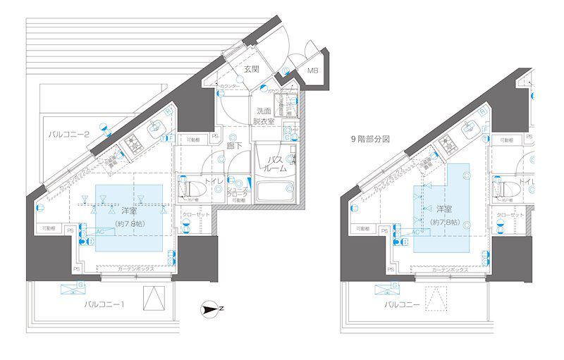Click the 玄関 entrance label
pos(252,69)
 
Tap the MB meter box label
pos(313,70)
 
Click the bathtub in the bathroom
pos(276,192)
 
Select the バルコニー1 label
pos(105,304)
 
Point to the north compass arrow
pos(211,307)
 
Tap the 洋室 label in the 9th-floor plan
pos(443,210)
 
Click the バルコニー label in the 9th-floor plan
pos(403,304)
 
